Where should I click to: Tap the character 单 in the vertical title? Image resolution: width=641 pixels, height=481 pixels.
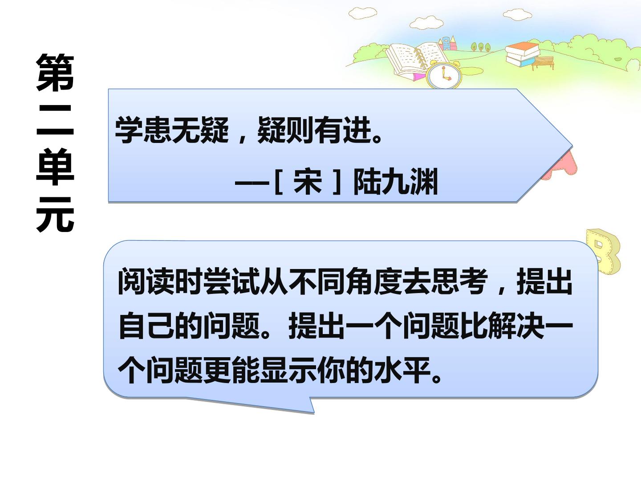(55, 167)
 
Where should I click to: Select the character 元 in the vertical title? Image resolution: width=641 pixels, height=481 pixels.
(55, 214)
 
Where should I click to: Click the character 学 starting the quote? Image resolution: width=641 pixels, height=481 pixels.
(129, 130)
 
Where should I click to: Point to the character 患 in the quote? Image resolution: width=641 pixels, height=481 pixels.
(158, 130)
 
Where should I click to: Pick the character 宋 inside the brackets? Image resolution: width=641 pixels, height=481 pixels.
(308, 181)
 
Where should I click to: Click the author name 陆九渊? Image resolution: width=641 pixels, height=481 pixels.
(396, 181)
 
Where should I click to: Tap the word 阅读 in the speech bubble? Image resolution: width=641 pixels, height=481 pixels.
(146, 281)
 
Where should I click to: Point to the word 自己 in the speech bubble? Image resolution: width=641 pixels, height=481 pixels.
(146, 325)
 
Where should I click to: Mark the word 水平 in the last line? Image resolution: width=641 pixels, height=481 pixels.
(402, 370)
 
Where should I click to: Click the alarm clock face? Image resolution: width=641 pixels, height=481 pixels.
(444, 76)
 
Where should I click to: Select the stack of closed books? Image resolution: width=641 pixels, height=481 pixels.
(522, 54)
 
